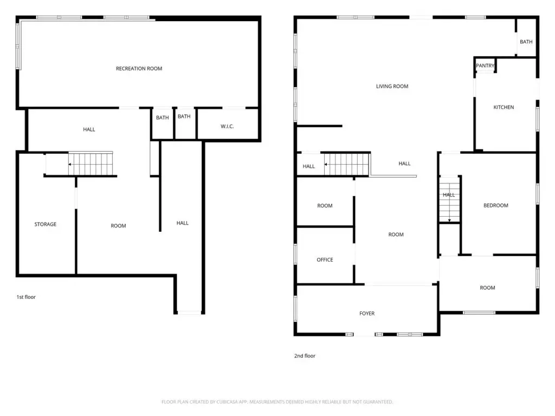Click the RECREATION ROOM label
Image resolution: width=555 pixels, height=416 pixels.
coord(139,69)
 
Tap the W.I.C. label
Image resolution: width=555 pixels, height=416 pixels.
coord(227,126)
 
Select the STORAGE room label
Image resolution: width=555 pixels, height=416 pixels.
coord(46,224)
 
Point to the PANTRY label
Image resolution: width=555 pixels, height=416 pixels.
coord(485,66)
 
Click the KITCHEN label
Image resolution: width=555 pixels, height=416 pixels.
coord(504,107)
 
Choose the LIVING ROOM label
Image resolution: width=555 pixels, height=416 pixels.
coord(392,86)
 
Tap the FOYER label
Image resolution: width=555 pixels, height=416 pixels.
coord(367,314)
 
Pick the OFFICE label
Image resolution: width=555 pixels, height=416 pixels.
coord(325,259)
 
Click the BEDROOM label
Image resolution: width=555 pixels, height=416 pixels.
coord(496,205)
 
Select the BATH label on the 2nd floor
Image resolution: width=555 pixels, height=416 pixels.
coord(526,42)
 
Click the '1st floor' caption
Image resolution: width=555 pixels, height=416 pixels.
coord(26,297)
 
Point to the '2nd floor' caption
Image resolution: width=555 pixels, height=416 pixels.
coord(305,356)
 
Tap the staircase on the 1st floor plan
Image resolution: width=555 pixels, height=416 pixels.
coord(91,164)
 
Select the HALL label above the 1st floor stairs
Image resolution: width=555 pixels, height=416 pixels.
coord(89,129)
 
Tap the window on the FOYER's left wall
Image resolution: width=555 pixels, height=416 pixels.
coord(295,308)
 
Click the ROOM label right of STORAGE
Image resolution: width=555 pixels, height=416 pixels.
coord(118,226)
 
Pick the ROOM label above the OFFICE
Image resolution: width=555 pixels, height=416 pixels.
coord(325,205)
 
